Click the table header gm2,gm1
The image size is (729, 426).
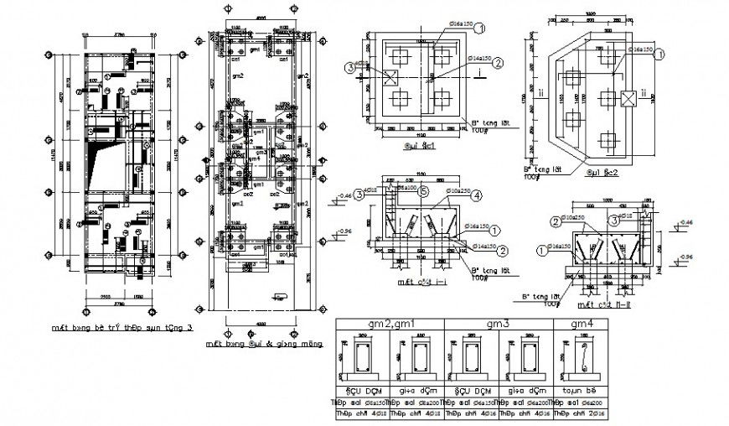[x=388, y=324]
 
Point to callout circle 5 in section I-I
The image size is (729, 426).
[x=425, y=191]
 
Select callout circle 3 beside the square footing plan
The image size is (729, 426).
[x=349, y=67]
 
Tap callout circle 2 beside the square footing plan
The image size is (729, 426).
[x=498, y=63]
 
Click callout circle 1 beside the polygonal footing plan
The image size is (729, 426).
[x=659, y=54]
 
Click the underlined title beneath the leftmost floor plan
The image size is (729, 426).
[x=121, y=329]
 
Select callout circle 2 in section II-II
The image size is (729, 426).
[x=555, y=222]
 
